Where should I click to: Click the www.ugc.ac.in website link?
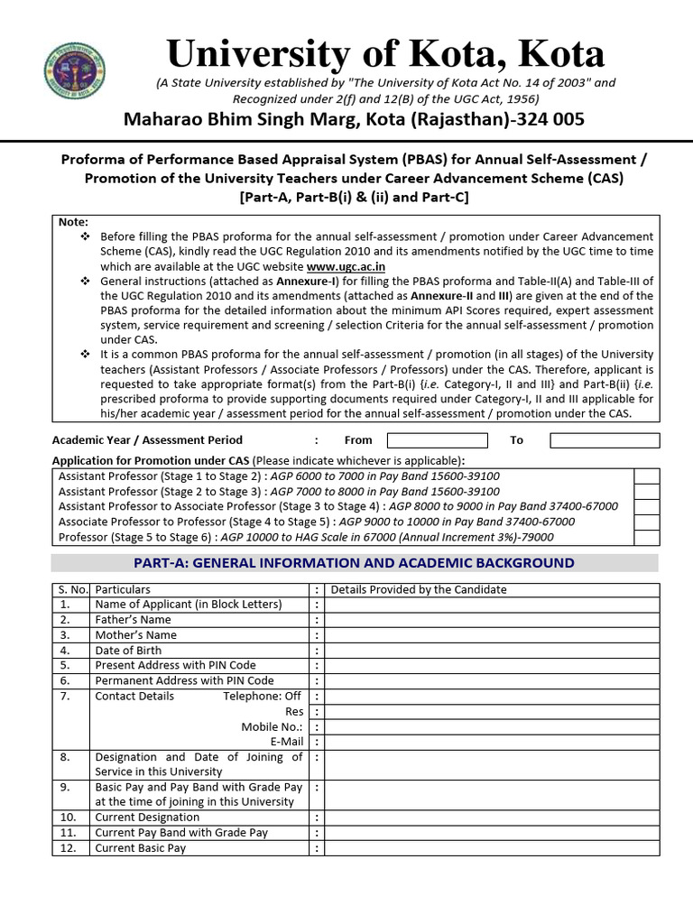point(346,266)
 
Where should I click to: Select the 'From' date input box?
point(437,440)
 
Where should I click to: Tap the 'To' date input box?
point(604,440)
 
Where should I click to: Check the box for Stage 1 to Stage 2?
point(646,476)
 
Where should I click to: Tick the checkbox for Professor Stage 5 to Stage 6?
point(646,537)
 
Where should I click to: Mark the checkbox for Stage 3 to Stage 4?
point(646,507)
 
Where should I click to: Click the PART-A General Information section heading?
point(354,563)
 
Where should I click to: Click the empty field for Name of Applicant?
point(492,605)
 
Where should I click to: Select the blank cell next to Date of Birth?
point(492,651)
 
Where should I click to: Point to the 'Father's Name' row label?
point(133,620)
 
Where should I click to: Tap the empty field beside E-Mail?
point(492,742)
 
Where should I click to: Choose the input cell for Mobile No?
point(492,726)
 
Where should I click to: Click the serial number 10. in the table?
point(66,818)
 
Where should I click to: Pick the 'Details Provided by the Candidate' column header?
point(419,590)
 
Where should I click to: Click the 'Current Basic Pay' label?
point(140,848)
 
